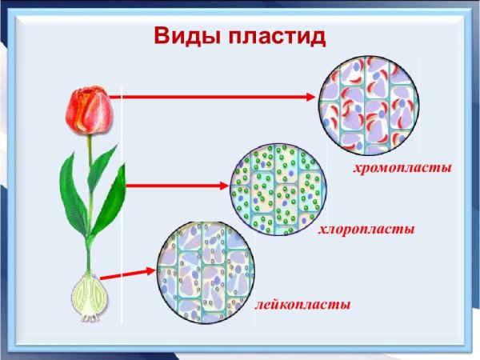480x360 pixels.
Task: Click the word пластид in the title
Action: click(x=276, y=37)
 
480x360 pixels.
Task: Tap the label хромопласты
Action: click(x=402, y=169)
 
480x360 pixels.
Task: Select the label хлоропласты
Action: click(x=366, y=230)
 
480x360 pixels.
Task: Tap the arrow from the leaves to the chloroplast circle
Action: click(x=176, y=186)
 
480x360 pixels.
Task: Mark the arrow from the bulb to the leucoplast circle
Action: click(x=128, y=274)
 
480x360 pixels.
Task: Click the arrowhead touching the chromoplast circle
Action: click(x=313, y=97)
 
